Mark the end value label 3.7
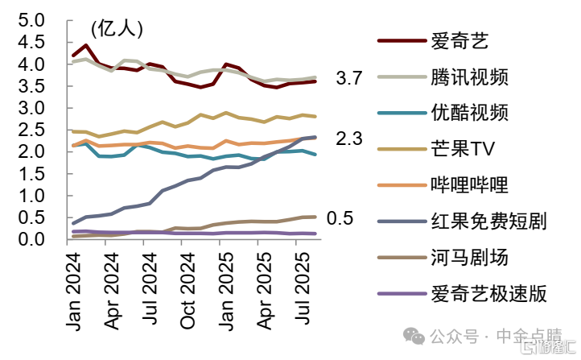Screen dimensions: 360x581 click(x=349, y=78)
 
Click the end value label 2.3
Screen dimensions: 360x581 click(x=349, y=139)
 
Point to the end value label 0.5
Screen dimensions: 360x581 click(x=340, y=218)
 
